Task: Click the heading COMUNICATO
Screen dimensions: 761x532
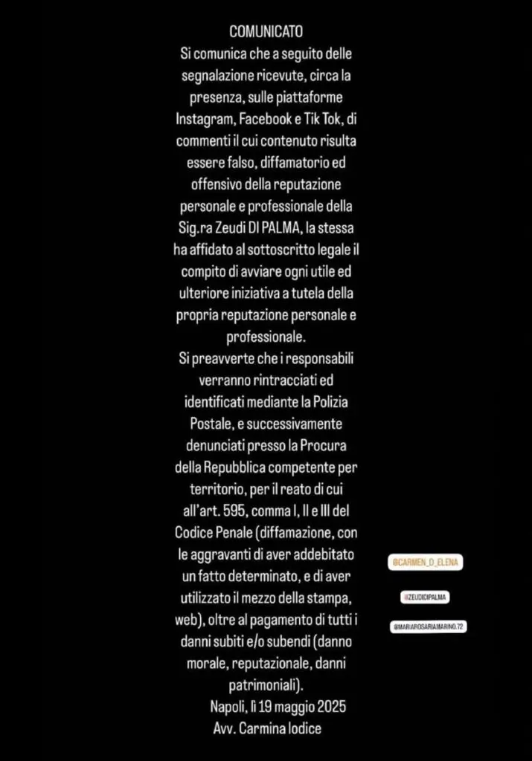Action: (266, 32)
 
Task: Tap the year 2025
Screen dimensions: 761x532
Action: (329, 707)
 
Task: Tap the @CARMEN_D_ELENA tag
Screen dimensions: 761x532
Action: (426, 563)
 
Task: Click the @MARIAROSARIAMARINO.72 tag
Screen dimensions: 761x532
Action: (429, 626)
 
